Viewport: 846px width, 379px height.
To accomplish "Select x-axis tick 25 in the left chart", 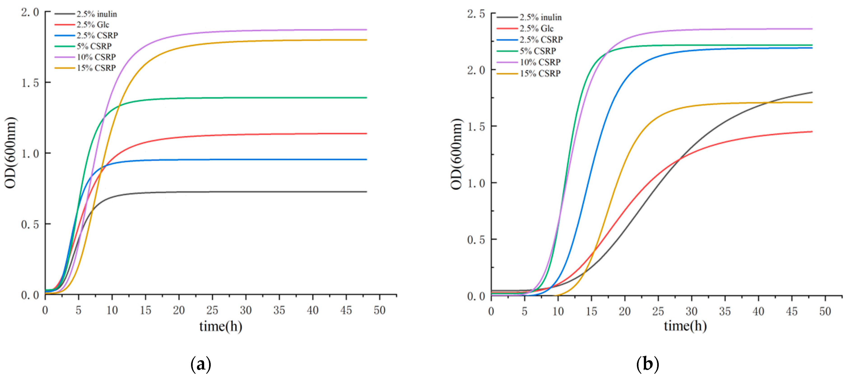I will pyautogui.click(x=212, y=310).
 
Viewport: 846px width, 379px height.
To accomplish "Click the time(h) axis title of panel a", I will pyautogui.click(x=221, y=326).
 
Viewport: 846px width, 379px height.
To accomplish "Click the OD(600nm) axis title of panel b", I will pyautogui.click(x=456, y=154).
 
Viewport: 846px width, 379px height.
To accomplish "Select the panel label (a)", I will pyautogui.click(x=201, y=365).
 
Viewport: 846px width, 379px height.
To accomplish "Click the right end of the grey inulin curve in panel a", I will pyautogui.click(x=366, y=192).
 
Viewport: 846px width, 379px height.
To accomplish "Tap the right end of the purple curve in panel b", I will pyautogui.click(x=812, y=29).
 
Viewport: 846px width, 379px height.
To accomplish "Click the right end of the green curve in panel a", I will pyautogui.click(x=366, y=98).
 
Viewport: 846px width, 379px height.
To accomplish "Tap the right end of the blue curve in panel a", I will pyautogui.click(x=366, y=159).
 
